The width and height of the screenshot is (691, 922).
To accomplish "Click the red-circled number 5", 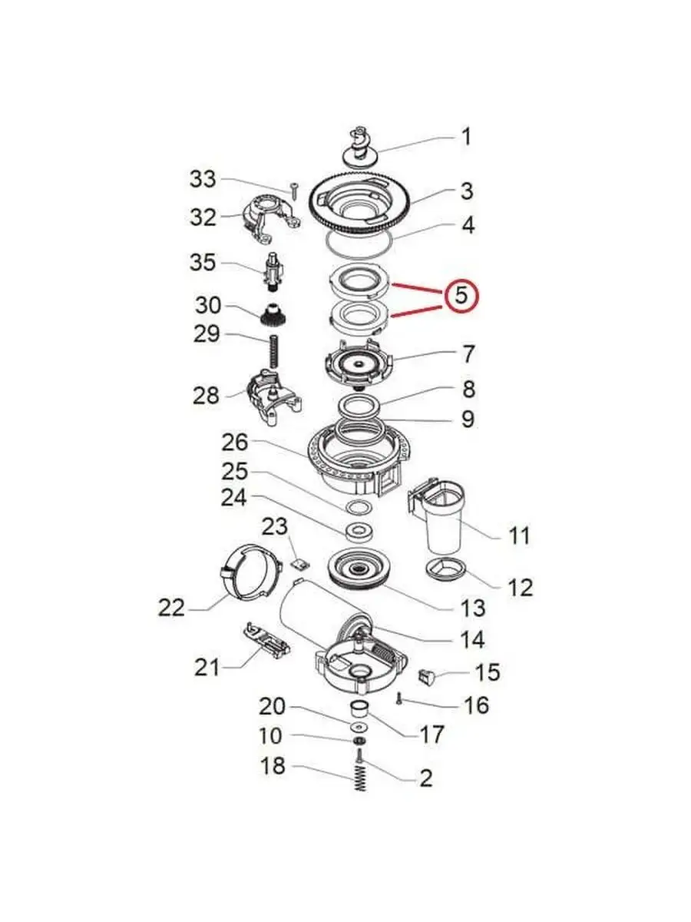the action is (461, 295).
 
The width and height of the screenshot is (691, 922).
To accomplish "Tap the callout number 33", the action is (203, 179).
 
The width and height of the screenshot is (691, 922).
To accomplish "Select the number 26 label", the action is (235, 443).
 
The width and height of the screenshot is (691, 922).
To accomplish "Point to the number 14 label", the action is (473, 640).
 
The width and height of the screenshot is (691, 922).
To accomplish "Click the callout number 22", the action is (171, 608).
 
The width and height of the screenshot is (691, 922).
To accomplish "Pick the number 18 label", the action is (273, 766).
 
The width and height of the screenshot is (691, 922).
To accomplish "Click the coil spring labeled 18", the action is (360, 779).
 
